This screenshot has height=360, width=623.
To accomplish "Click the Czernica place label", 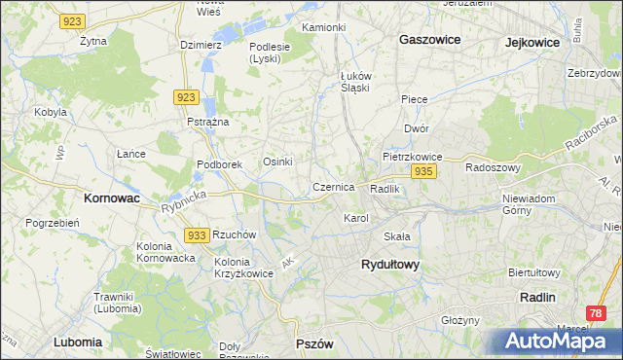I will coord(333,186).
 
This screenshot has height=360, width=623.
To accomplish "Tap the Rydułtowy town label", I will coord(389,265).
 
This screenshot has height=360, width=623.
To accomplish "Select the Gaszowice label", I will coord(429,40).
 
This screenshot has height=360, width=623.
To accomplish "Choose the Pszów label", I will coord(314,344).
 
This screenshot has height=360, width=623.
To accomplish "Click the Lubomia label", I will coord(78,342).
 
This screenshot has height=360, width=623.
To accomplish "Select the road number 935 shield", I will coord(422,171).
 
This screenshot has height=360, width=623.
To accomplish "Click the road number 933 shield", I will coord(197,235).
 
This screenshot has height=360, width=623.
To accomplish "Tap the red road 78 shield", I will coord(596,313).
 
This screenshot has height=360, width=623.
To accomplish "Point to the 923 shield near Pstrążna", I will coord(188,97).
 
